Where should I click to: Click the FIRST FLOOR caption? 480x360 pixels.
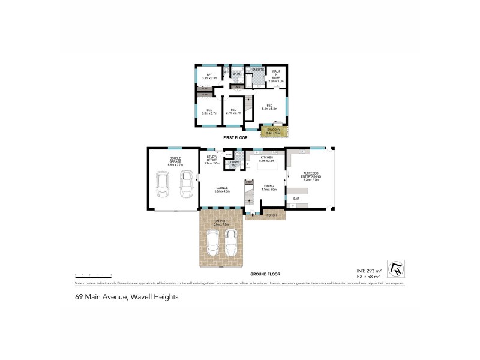pos(235,137)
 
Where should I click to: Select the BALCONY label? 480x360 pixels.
pos(274,130)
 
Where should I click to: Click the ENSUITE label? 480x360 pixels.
pos(258,70)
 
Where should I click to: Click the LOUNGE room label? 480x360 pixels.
pos(223,189)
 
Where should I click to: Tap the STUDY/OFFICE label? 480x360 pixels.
pos(211,160)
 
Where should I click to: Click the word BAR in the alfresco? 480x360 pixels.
pos(296,198)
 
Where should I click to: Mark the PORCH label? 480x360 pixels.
pos(271,215)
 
